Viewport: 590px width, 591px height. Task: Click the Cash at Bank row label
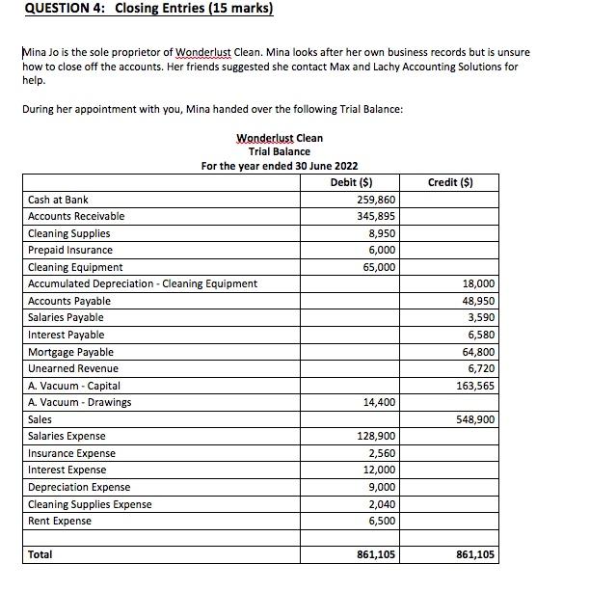(x=58, y=200)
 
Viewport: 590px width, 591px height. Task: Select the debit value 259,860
(x=376, y=200)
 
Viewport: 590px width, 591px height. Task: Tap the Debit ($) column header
(x=352, y=182)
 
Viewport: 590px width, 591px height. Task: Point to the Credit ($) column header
(x=450, y=182)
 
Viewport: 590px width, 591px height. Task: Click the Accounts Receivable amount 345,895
(x=376, y=216)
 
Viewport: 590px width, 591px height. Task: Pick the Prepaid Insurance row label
(x=70, y=250)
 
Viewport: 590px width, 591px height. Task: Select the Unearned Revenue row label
(x=73, y=368)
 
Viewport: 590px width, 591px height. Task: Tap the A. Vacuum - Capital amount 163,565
(x=476, y=386)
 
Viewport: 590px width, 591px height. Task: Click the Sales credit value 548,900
(x=476, y=419)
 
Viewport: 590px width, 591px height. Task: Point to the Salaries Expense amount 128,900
(x=376, y=437)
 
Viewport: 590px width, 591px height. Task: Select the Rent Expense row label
(x=60, y=521)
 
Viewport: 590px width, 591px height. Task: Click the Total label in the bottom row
(x=40, y=554)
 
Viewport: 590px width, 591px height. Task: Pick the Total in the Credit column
(x=476, y=554)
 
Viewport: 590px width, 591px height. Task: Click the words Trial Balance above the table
(x=280, y=151)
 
